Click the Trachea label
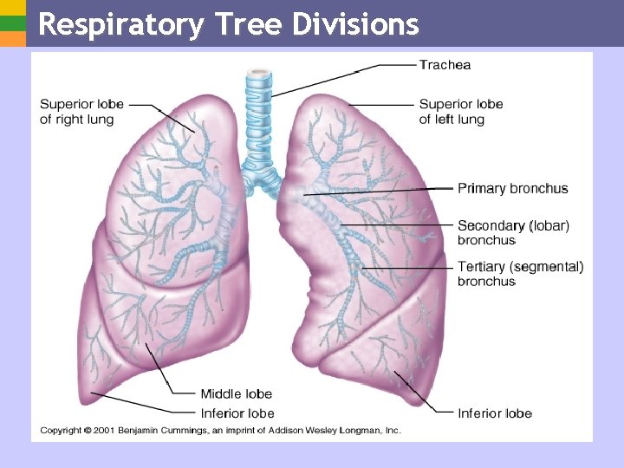(445, 65)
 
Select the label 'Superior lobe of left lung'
(460, 112)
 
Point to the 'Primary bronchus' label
(512, 188)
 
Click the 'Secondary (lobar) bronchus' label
(513, 232)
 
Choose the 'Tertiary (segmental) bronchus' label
(520, 274)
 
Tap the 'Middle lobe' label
(236, 394)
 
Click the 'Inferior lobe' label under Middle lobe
(237, 413)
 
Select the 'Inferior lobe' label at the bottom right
(494, 413)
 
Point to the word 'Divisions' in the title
(355, 24)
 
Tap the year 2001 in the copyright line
(104, 430)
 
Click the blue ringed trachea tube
(259, 113)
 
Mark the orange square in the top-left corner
(12, 39)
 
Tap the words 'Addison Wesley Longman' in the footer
(323, 430)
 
